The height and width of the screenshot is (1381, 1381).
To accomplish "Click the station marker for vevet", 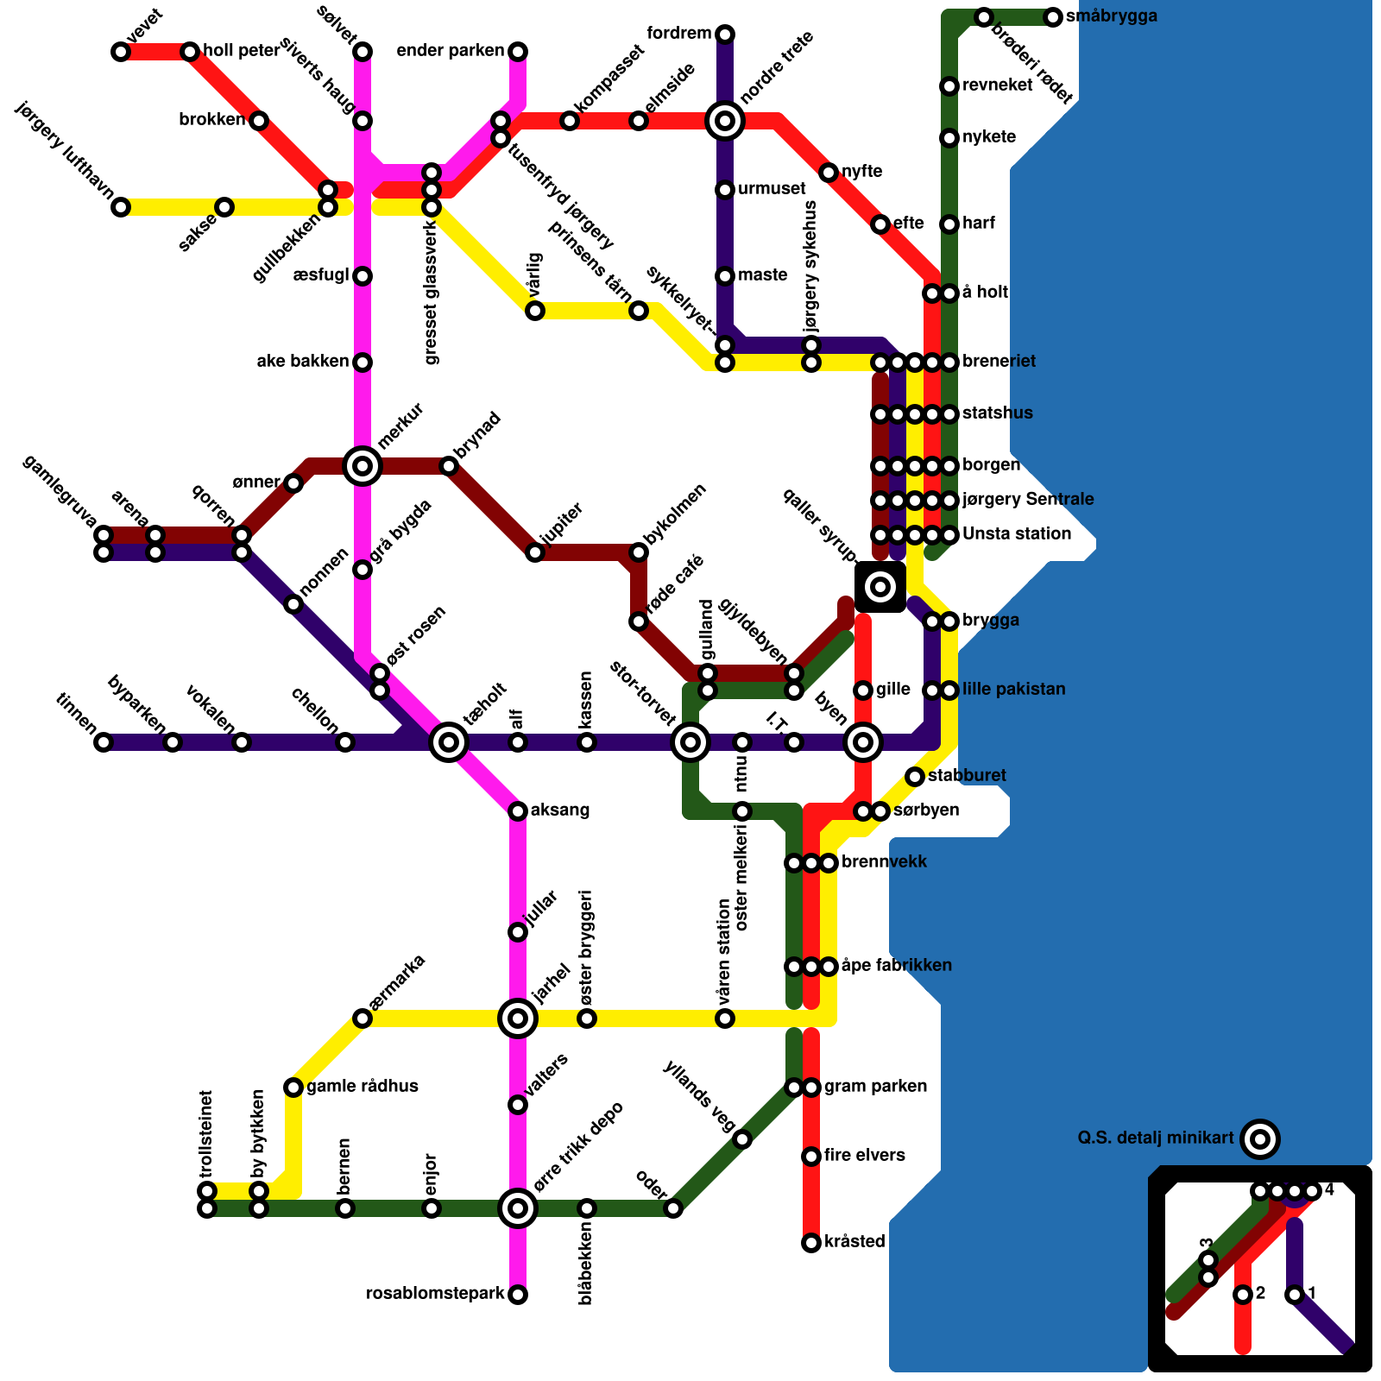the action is point(121,52).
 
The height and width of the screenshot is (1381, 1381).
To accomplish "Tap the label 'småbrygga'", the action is point(1112,16).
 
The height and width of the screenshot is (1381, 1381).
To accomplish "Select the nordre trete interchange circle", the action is point(725,121).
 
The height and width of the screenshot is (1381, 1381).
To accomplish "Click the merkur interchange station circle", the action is point(363,466).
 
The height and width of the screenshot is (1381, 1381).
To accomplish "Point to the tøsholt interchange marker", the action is point(449,742).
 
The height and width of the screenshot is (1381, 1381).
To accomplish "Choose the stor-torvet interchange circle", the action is point(690,742).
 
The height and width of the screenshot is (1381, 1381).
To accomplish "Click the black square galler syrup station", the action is point(880,587).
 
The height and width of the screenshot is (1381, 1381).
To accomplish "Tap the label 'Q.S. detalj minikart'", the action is point(1156,1138).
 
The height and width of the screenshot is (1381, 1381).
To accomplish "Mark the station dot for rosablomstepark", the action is point(518,1295).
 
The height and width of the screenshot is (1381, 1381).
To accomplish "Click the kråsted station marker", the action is point(811,1243).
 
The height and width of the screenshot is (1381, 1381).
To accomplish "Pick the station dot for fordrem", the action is point(725,35).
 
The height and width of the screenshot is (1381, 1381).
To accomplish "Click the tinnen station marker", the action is point(104,742).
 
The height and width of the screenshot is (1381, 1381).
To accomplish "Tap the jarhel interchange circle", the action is point(518,1018).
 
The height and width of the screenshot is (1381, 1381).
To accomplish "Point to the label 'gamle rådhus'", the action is point(363,1087).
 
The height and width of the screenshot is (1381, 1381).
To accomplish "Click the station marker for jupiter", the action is point(535,552).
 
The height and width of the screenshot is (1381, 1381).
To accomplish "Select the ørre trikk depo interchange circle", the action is point(518,1208).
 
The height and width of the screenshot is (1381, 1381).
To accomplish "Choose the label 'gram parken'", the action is point(875,1087).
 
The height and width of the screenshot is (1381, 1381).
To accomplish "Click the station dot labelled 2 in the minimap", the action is point(1243,1295).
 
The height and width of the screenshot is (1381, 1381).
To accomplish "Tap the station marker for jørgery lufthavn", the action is point(121,207).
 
